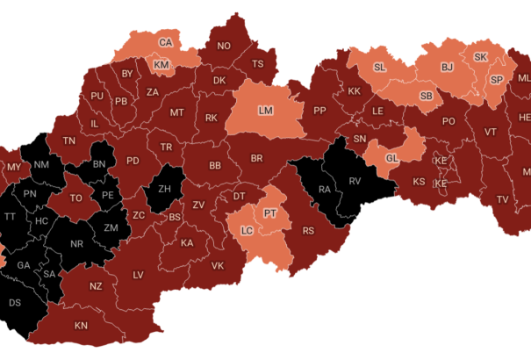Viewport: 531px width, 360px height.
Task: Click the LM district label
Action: (266, 110)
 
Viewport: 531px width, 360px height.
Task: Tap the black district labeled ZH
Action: (164, 188)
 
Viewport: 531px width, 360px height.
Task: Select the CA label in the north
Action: (165, 42)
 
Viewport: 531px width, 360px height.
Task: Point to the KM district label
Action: (161, 65)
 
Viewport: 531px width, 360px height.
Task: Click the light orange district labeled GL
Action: (392, 157)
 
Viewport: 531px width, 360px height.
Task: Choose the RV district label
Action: (355, 181)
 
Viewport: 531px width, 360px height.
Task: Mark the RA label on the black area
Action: (324, 188)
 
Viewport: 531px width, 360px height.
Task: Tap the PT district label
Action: (270, 212)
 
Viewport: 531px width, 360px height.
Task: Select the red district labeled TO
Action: (76, 198)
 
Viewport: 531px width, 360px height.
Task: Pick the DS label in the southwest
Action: (15, 302)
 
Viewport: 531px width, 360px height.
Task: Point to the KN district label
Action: (81, 326)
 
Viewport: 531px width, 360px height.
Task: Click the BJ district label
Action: (447, 67)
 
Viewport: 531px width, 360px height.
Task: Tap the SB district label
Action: (426, 96)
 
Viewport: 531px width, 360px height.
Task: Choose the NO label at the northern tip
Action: (224, 46)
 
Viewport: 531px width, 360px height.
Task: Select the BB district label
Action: (214, 165)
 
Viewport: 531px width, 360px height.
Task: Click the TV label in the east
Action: (502, 199)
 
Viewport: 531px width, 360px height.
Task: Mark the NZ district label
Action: (96, 286)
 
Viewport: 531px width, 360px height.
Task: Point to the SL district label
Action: (379, 68)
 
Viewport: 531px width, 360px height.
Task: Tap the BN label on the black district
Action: (99, 163)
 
